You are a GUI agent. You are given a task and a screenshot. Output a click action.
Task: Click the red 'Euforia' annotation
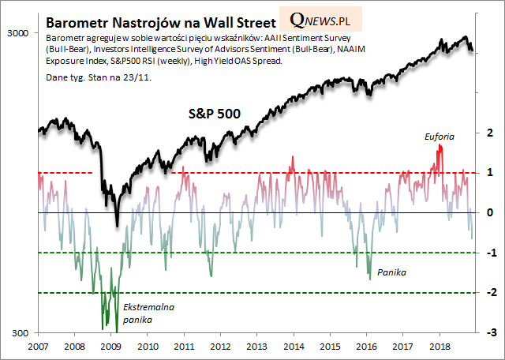(x=439, y=136)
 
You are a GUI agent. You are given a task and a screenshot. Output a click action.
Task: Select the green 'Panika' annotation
(x=391, y=271)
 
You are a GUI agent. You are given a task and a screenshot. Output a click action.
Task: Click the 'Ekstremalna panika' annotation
(x=148, y=313)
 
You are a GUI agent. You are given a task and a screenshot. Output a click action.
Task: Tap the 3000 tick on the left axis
(x=17, y=32)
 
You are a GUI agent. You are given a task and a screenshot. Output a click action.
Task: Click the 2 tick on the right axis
(x=490, y=133)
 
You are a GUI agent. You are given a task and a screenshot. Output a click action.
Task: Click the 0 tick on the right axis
(x=490, y=213)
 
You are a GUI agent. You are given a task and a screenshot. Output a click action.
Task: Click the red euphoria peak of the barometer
(x=440, y=148)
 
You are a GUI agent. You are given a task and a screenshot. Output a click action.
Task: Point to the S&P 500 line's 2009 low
(x=117, y=224)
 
